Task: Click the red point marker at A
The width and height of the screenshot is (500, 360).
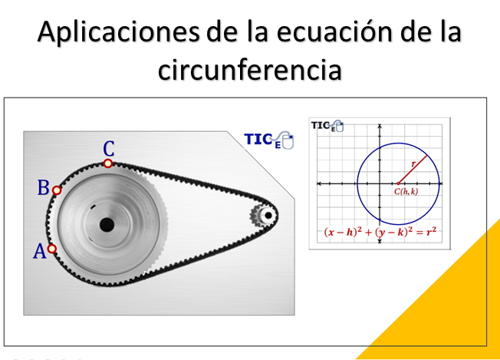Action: [51, 249]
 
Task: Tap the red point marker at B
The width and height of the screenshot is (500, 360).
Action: [57, 190]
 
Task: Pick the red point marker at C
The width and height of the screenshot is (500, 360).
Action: [108, 163]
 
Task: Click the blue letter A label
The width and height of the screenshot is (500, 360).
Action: [38, 252]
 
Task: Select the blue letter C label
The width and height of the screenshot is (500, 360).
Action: [109, 148]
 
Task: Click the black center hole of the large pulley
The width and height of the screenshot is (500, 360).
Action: [107, 224]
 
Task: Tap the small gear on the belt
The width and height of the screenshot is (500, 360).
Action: [266, 216]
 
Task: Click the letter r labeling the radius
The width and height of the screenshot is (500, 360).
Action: [413, 163]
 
